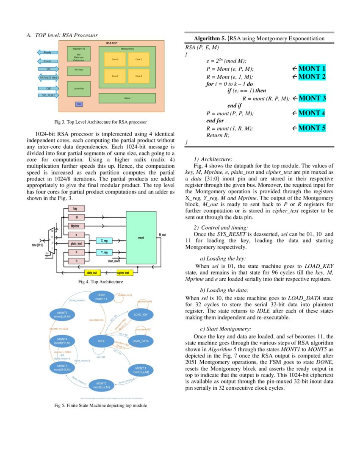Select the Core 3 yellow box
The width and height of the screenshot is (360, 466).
138,76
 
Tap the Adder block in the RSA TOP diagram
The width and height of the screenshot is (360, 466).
127,98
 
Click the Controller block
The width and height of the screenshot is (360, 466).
79,89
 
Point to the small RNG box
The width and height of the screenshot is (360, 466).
79,104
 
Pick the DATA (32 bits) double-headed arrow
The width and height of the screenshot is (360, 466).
48,78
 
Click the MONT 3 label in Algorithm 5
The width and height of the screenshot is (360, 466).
312,98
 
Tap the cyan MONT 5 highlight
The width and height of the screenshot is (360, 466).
312,128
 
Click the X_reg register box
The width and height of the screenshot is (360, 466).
104,241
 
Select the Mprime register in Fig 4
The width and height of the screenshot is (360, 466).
76,226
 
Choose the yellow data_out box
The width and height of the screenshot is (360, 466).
91,273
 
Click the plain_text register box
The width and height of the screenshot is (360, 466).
76,244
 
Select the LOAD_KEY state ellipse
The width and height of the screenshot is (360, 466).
141,315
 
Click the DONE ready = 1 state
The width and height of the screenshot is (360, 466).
102,297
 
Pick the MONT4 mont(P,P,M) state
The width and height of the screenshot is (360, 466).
62,341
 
